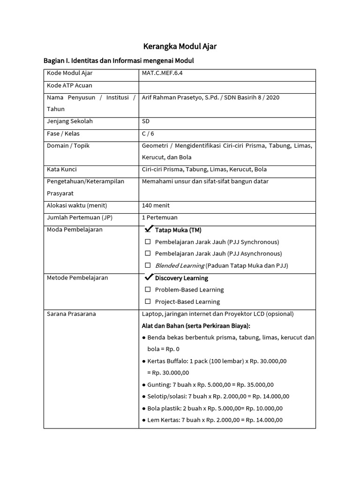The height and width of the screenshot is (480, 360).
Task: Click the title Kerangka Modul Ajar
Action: click(x=180, y=46)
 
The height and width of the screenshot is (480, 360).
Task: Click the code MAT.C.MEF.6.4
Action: click(x=163, y=73)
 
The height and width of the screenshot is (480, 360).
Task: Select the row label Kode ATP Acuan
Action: click(x=69, y=85)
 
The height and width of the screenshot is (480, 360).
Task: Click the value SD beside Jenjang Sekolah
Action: click(x=146, y=121)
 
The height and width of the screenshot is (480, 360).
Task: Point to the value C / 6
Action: click(x=148, y=134)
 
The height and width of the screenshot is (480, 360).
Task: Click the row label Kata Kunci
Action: click(x=62, y=169)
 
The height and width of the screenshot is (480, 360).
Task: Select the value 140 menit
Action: click(x=156, y=205)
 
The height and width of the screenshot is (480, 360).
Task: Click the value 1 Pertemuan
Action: click(x=159, y=217)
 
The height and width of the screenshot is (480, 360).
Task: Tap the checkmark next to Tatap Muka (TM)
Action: click(x=149, y=229)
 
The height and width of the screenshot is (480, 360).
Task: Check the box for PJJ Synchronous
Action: click(x=148, y=242)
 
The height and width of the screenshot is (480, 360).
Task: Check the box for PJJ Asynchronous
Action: click(x=148, y=254)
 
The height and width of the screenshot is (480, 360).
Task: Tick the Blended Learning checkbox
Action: click(x=148, y=265)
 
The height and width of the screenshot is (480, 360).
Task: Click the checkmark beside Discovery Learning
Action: click(x=149, y=277)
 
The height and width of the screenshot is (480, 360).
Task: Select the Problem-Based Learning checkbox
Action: click(x=148, y=290)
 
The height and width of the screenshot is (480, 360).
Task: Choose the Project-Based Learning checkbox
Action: click(x=148, y=301)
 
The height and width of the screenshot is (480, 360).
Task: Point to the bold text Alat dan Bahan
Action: click(x=164, y=326)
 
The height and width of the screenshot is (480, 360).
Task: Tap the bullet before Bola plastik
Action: click(x=143, y=408)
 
